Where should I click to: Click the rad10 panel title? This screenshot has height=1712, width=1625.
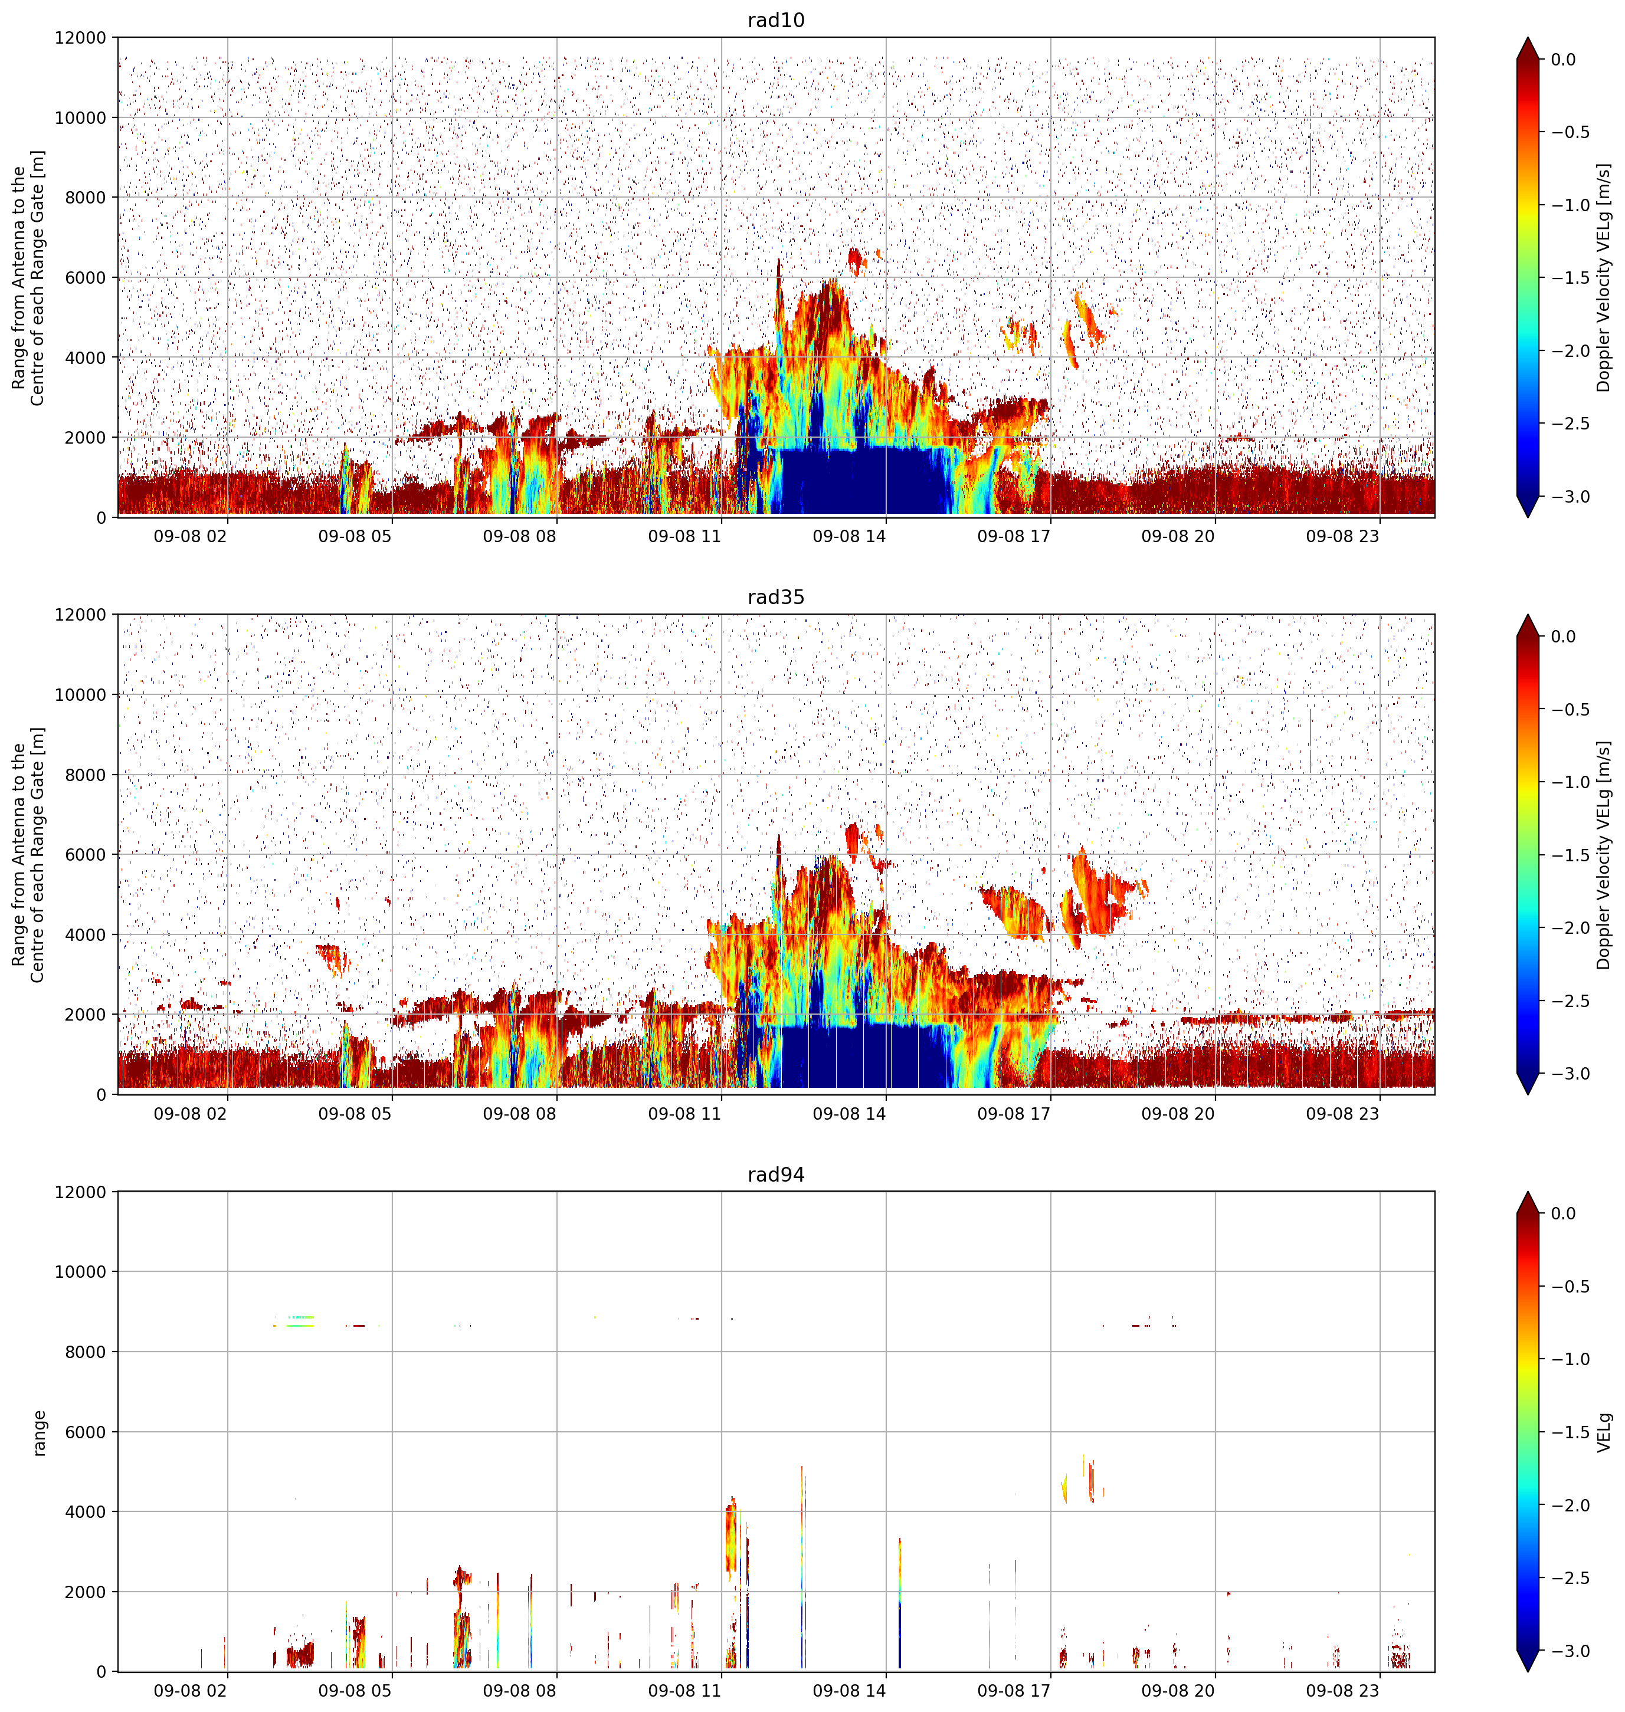click(775, 20)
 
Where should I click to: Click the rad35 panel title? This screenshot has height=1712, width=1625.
click(775, 598)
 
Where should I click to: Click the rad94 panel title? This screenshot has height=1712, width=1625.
click(775, 1175)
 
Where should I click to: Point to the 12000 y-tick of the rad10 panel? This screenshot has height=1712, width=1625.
click(81, 38)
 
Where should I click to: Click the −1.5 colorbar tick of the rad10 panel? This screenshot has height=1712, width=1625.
click(1568, 278)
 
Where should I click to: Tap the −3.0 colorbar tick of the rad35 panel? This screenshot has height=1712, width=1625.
click(1568, 1074)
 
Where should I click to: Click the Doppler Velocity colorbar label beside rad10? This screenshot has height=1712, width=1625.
click(1603, 277)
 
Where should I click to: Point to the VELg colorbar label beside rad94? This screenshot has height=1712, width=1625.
click(1603, 1432)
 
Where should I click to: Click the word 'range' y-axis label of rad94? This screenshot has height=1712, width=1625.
click(39, 1433)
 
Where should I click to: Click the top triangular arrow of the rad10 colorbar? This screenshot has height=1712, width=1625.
click(1528, 48)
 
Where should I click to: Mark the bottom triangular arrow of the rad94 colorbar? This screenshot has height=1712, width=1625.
click(1528, 1660)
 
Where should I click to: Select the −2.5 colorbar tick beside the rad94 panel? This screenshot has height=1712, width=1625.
click(1568, 1577)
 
